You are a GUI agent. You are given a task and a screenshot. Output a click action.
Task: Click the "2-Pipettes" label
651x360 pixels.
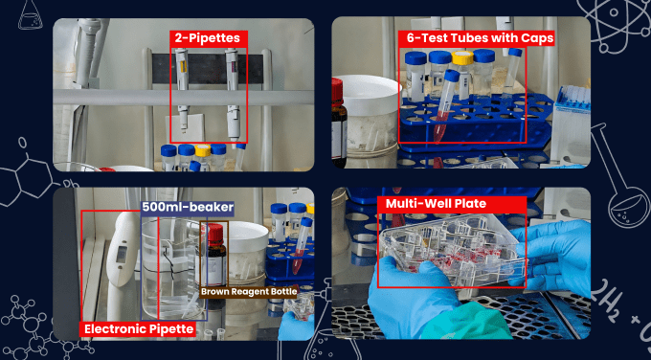pyautogui.click(x=207, y=38)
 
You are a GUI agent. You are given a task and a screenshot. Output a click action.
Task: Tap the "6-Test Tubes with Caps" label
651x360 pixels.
pyautogui.click(x=480, y=38)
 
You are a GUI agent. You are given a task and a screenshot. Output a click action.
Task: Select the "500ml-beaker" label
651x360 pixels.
pyautogui.click(x=188, y=207)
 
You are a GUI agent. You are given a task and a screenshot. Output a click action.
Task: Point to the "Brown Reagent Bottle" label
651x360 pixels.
pyautogui.click(x=249, y=291)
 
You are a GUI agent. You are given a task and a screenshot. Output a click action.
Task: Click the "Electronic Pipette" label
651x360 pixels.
pyautogui.click(x=138, y=329)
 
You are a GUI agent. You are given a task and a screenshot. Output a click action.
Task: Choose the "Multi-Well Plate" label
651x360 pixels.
pyautogui.click(x=436, y=204)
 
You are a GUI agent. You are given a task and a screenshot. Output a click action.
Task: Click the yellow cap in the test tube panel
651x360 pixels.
pyautogui.click(x=462, y=57)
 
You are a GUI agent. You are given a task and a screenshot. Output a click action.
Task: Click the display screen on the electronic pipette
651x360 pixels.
pyautogui.click(x=121, y=254)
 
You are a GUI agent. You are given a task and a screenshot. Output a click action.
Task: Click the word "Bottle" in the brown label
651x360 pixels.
pyautogui.click(x=284, y=291)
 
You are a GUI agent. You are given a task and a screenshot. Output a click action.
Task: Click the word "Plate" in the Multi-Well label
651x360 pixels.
pyautogui.click(x=472, y=204)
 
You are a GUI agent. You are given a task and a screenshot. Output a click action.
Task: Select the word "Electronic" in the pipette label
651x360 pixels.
pyautogui.click(x=110, y=329)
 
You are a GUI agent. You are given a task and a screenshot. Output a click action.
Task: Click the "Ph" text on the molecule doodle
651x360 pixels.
pyautogui.click(x=68, y=184)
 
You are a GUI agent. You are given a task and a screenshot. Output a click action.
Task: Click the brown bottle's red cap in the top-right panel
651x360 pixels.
pyautogui.click(x=337, y=91)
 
